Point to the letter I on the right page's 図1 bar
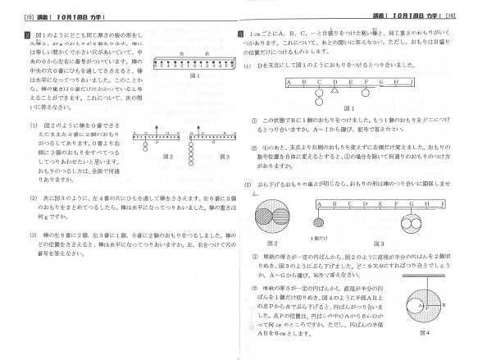click(x=418, y=81)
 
